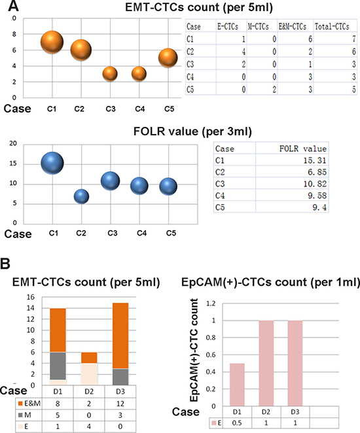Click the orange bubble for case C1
[x=52, y=43]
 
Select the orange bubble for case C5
[x=168, y=58]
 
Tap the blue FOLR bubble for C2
[x=82, y=197]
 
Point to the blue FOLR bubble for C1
[x=52, y=164]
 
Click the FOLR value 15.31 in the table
[x=315, y=160]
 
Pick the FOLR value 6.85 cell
[x=317, y=172]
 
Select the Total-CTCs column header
[x=332, y=27]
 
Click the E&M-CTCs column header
[x=293, y=27]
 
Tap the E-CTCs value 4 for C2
[x=243, y=52]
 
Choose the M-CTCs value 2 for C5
[x=274, y=90]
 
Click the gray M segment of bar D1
[x=58, y=366]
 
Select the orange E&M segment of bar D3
[x=120, y=336]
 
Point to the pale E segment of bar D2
[x=89, y=374]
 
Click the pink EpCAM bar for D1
[x=237, y=385]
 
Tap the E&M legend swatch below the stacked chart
[x=20, y=404]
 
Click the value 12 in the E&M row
[x=120, y=404]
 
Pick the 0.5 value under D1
[x=237, y=423]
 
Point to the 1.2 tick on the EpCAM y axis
[x=211, y=303]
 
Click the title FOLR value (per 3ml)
[x=192, y=131]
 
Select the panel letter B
[x=5, y=264]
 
